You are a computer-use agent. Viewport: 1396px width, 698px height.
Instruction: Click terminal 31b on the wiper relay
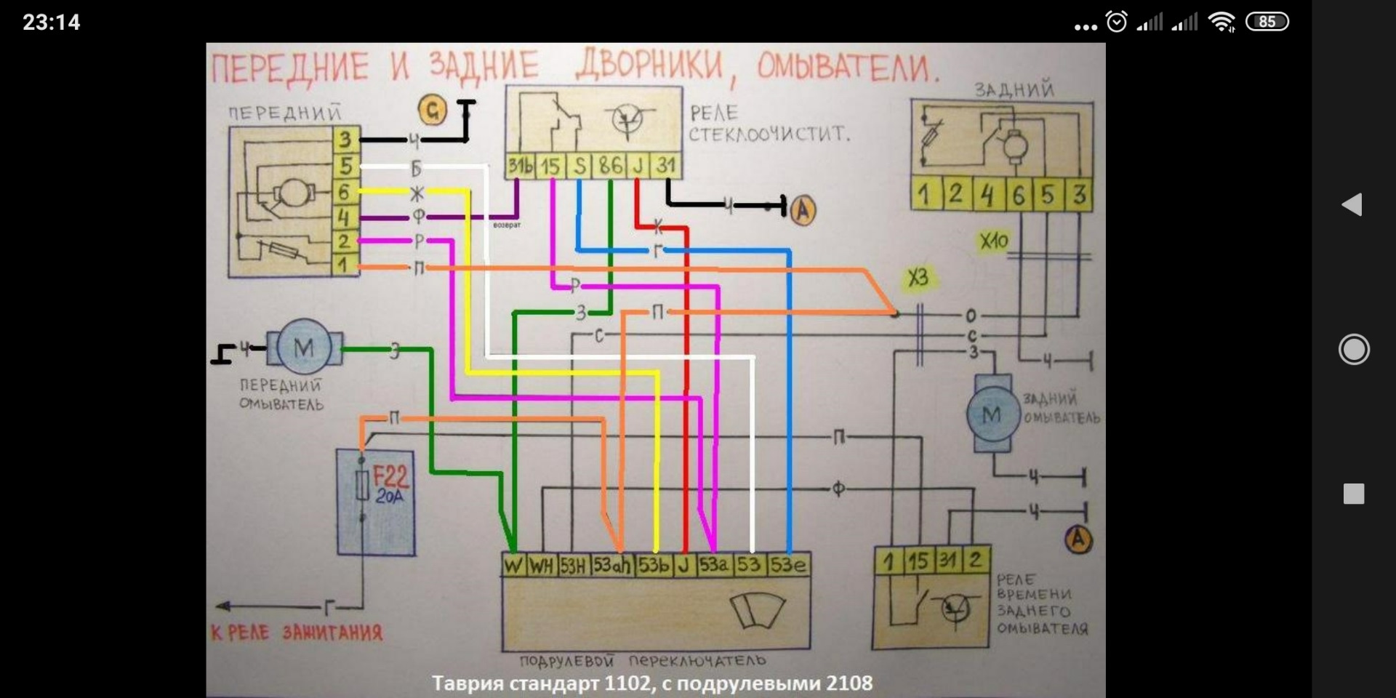click(520, 166)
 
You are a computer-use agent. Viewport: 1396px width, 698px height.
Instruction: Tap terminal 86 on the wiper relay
click(611, 166)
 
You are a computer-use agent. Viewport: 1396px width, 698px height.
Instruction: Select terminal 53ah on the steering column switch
click(611, 565)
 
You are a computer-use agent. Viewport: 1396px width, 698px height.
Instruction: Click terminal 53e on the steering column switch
click(788, 565)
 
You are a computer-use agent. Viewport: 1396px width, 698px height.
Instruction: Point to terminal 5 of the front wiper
click(345, 166)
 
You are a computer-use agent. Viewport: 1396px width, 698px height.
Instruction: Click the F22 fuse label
click(390, 478)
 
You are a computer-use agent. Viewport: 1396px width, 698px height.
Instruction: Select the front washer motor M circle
click(304, 348)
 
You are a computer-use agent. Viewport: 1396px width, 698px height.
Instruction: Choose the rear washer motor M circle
click(992, 414)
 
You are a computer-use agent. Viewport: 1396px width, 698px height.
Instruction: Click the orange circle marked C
click(433, 111)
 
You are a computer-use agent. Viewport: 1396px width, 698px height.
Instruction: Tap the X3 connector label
click(918, 277)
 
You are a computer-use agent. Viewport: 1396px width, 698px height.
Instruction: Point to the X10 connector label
click(993, 241)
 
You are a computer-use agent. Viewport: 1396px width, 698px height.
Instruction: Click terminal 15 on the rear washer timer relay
click(918, 561)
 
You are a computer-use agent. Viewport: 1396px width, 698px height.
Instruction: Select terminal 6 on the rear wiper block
click(1018, 195)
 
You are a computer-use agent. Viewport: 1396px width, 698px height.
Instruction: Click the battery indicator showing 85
click(1267, 22)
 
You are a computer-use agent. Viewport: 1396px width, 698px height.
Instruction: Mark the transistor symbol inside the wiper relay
click(627, 119)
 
